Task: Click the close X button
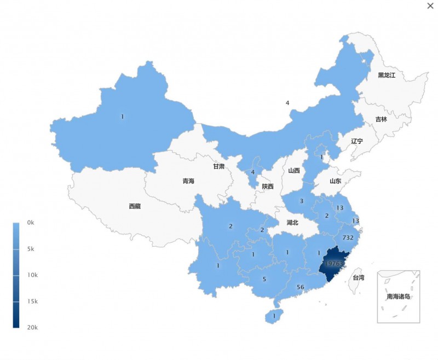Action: pyautogui.click(x=430, y=5)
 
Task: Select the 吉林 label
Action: pyautogui.click(x=381, y=119)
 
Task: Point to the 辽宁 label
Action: pyautogui.click(x=357, y=141)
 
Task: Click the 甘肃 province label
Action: pyautogui.click(x=218, y=166)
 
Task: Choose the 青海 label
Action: pyautogui.click(x=188, y=181)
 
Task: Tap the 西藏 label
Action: pyautogui.click(x=135, y=206)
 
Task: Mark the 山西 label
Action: pyautogui.click(x=294, y=170)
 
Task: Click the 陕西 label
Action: pyautogui.click(x=268, y=186)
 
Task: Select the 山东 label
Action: pyautogui.click(x=335, y=181)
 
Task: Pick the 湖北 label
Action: pyautogui.click(x=292, y=223)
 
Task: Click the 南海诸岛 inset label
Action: pyautogui.click(x=398, y=297)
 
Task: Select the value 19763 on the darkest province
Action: pyautogui.click(x=334, y=263)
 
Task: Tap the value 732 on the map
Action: pyautogui.click(x=348, y=237)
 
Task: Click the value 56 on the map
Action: pyautogui.click(x=300, y=287)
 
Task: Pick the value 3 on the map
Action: pyautogui.click(x=301, y=201)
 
